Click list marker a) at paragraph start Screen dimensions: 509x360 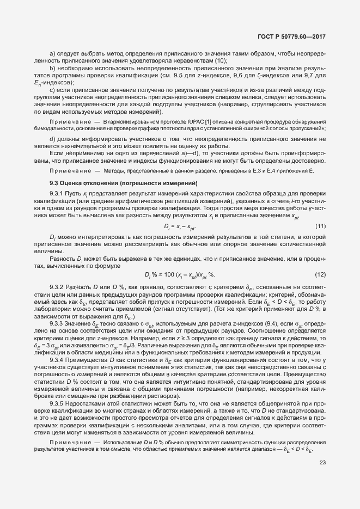click(53, 53)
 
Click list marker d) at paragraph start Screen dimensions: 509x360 click(53, 139)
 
